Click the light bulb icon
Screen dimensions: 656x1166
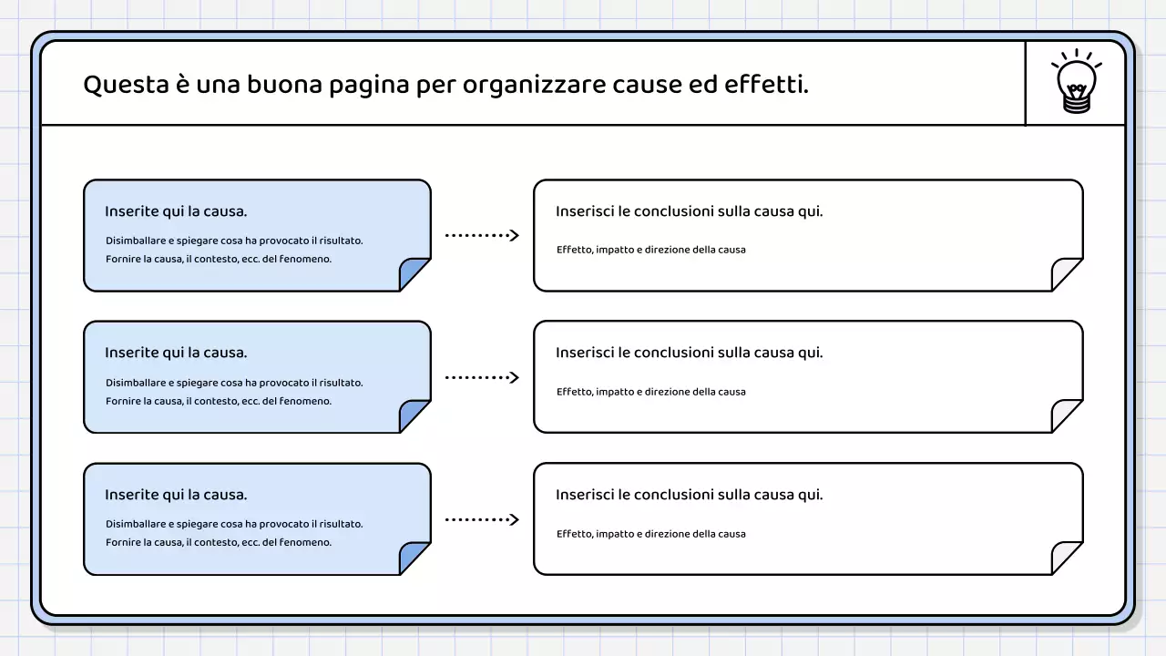[x=1076, y=84]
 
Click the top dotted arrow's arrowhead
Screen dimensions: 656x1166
[x=514, y=235]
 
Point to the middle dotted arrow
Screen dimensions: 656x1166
[x=481, y=377]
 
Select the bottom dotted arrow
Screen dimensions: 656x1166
[x=481, y=519]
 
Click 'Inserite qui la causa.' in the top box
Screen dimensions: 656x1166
[x=176, y=211]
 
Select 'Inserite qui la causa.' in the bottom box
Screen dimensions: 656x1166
[x=176, y=495]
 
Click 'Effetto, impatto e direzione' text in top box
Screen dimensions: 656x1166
[x=650, y=250]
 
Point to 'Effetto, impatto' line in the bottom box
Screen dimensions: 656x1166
[x=650, y=534]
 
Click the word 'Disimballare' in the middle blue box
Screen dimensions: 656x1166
[x=136, y=383]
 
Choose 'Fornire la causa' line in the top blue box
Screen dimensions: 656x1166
[x=218, y=259]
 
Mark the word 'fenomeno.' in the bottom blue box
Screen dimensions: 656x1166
[x=305, y=542]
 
